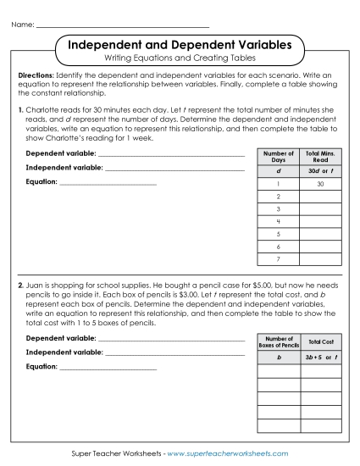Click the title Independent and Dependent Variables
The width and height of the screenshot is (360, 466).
pos(180,43)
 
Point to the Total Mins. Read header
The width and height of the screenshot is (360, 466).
pos(321,157)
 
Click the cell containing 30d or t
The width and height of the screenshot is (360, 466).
pos(321,170)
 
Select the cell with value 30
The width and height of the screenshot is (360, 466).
pos(321,184)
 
